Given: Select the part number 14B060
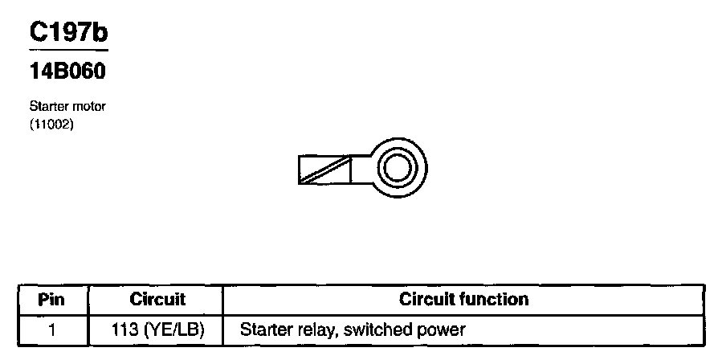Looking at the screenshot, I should click(x=67, y=72).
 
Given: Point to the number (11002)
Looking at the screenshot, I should click(x=51, y=124).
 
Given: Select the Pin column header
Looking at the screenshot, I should click(x=51, y=300).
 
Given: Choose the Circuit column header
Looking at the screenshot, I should click(x=157, y=300).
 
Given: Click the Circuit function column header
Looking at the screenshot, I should click(x=463, y=300).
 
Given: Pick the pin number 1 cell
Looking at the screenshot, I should click(x=51, y=329).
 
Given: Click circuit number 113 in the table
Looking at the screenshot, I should click(x=127, y=329).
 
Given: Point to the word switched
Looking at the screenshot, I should click(x=376, y=329).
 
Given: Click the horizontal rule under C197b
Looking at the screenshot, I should click(x=67, y=50).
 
